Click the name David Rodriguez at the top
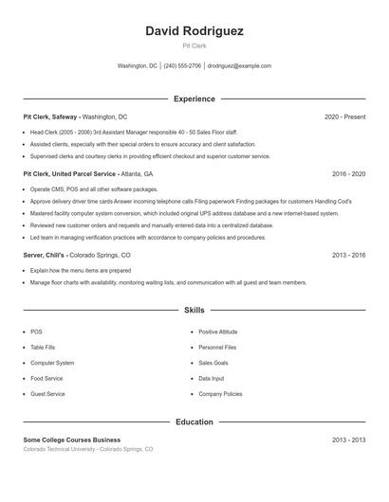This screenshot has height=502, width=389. click(x=194, y=31)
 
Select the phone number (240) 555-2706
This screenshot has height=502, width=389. click(x=183, y=66)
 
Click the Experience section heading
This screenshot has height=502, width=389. click(x=194, y=99)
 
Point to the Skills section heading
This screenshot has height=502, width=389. click(x=194, y=310)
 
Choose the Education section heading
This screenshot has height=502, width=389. click(x=194, y=421)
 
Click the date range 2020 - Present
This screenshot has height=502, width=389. click(x=344, y=117)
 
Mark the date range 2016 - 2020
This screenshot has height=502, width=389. click(x=348, y=174)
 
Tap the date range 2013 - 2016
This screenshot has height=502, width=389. click(x=348, y=256)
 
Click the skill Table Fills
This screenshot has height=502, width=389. click(x=43, y=348)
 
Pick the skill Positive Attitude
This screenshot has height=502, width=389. click(x=217, y=332)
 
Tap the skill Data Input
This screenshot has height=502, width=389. click(x=210, y=378)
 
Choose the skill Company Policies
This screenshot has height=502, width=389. click(x=220, y=393)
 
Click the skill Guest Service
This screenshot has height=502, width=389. click(x=47, y=393)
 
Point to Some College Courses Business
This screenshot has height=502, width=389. click(x=72, y=439)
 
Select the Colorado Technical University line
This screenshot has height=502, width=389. click(x=87, y=449)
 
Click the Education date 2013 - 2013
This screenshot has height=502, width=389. click(x=348, y=439)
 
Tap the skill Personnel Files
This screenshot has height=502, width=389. click(x=217, y=348)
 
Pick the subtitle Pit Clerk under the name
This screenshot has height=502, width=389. click(x=194, y=45)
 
